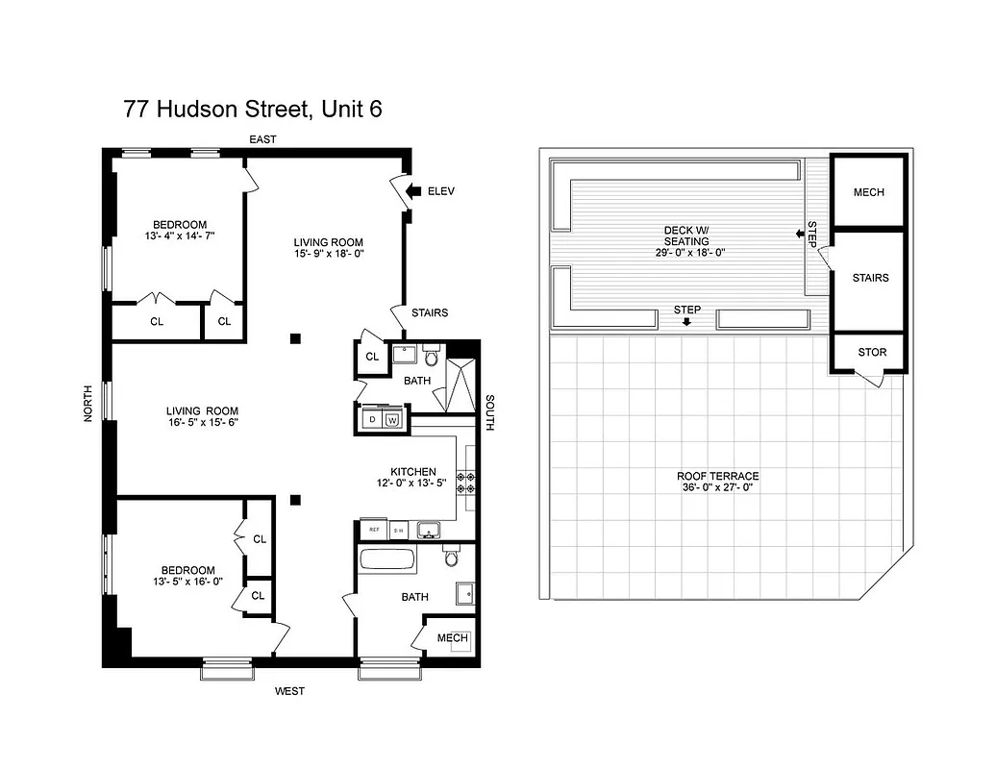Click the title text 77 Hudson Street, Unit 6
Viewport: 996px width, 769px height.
tap(253, 109)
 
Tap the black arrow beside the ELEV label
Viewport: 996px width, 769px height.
tap(413, 191)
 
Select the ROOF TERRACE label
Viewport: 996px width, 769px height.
tap(717, 476)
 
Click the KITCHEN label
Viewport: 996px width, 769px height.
tap(412, 472)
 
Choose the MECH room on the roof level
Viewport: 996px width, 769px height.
tap(868, 192)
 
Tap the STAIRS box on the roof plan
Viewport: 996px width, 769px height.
tap(869, 279)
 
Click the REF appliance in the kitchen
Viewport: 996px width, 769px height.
tap(371, 530)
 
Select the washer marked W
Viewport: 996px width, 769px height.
tap(392, 420)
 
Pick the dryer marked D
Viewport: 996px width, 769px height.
tap(372, 420)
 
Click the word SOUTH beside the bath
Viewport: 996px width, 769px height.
tap(489, 412)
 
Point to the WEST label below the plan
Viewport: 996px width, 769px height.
tap(289, 690)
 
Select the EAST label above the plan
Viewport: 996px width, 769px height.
tap(262, 139)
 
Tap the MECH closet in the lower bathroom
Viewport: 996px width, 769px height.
tap(452, 638)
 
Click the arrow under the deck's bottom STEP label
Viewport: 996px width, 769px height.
tap(686, 322)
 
